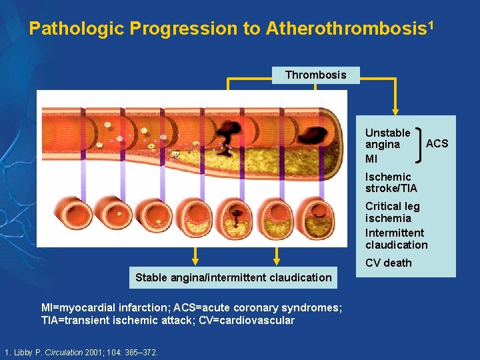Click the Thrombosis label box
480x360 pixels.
click(x=315, y=75)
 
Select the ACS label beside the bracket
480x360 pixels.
click(x=437, y=143)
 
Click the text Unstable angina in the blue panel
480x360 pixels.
click(x=387, y=138)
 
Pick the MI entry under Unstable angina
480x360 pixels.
click(x=371, y=159)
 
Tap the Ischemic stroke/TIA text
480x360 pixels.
click(x=391, y=182)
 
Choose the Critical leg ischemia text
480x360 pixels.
click(x=392, y=212)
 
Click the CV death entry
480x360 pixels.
click(x=388, y=263)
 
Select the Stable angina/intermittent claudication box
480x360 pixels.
click(x=233, y=277)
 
